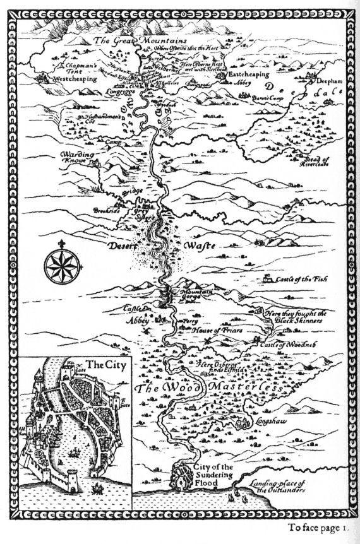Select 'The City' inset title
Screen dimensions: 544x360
(102, 364)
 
